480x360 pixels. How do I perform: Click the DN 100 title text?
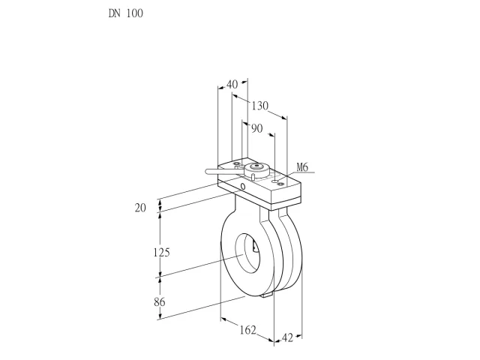[125, 13]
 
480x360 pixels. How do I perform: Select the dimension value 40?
[232, 84]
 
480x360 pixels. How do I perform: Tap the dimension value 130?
[260, 106]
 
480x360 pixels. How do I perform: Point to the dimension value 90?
[257, 128]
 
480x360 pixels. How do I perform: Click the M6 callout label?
[302, 167]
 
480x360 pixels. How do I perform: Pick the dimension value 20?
[140, 208]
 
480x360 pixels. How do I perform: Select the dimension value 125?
[161, 253]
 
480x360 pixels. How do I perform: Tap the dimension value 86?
[160, 301]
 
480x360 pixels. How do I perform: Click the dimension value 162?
[247, 330]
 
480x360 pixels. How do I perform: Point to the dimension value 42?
[287, 338]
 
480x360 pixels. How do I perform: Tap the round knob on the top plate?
[256, 169]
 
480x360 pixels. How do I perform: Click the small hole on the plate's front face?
[243, 187]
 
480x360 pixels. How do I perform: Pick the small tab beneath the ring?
[266, 295]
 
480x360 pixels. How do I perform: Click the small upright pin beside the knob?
[253, 177]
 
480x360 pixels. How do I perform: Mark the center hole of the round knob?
[256, 166]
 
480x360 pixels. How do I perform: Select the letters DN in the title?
[115, 13]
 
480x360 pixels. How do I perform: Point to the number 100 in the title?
[135, 13]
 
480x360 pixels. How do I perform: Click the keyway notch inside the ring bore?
[254, 246]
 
